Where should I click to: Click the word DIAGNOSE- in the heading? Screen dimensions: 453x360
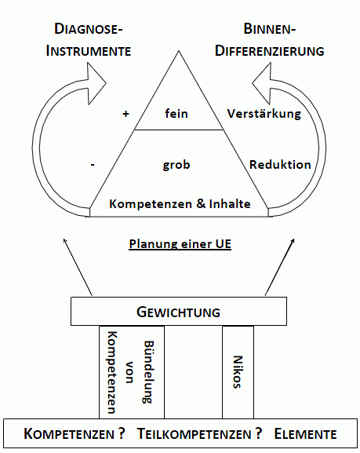tap(89, 30)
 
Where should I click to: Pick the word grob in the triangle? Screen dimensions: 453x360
tap(176, 165)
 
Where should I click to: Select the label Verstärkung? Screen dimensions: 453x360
tap(264, 114)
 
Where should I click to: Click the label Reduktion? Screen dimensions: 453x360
tap(280, 165)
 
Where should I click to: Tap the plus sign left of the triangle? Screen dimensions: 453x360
tap(125, 114)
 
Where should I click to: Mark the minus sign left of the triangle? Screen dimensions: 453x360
tap(93, 165)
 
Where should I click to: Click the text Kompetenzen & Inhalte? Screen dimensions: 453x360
tap(180, 203)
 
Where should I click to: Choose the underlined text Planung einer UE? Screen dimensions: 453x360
tap(180, 243)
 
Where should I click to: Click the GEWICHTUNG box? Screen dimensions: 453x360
tap(180, 312)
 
